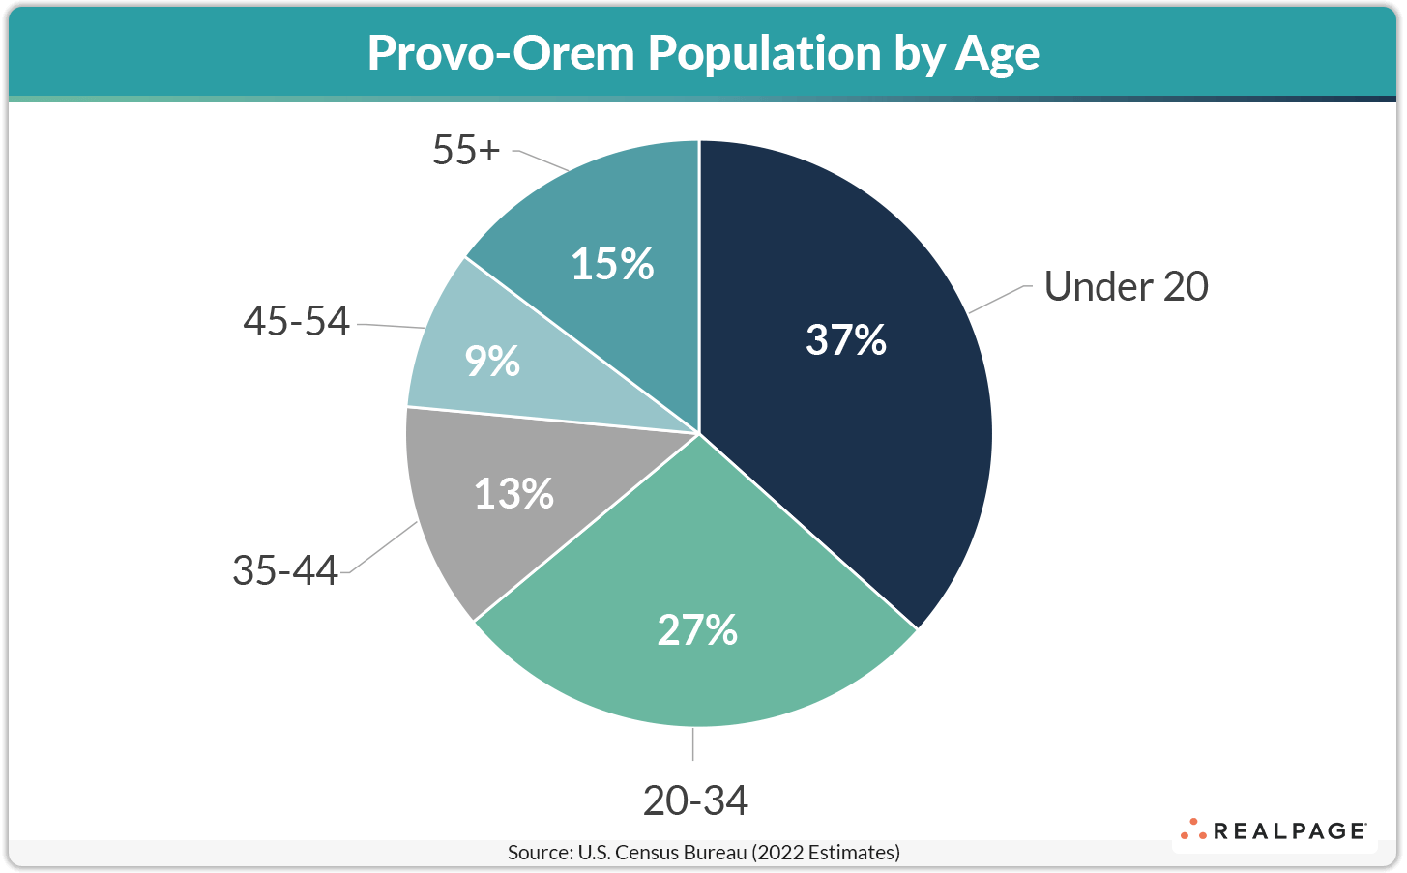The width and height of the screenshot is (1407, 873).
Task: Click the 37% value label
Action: [x=846, y=340]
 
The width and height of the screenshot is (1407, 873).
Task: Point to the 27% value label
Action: [x=697, y=630]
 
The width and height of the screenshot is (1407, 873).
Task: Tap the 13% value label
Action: [x=513, y=494]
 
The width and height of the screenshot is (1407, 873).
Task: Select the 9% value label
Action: [x=492, y=362]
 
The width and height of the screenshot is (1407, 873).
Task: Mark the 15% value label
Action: [x=612, y=265]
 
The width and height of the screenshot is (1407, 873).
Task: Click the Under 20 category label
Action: [x=1127, y=287]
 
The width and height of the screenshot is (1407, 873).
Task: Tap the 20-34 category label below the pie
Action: [x=695, y=800]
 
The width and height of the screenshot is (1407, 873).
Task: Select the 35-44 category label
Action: [x=285, y=570]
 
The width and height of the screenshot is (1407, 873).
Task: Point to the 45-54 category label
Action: [x=296, y=321]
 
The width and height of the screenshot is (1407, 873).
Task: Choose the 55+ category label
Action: [x=466, y=151]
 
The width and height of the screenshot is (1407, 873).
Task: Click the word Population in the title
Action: [x=765, y=53]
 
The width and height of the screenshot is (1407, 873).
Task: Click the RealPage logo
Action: [x=1274, y=830]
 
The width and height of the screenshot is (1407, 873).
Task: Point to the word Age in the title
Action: [x=997, y=53]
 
